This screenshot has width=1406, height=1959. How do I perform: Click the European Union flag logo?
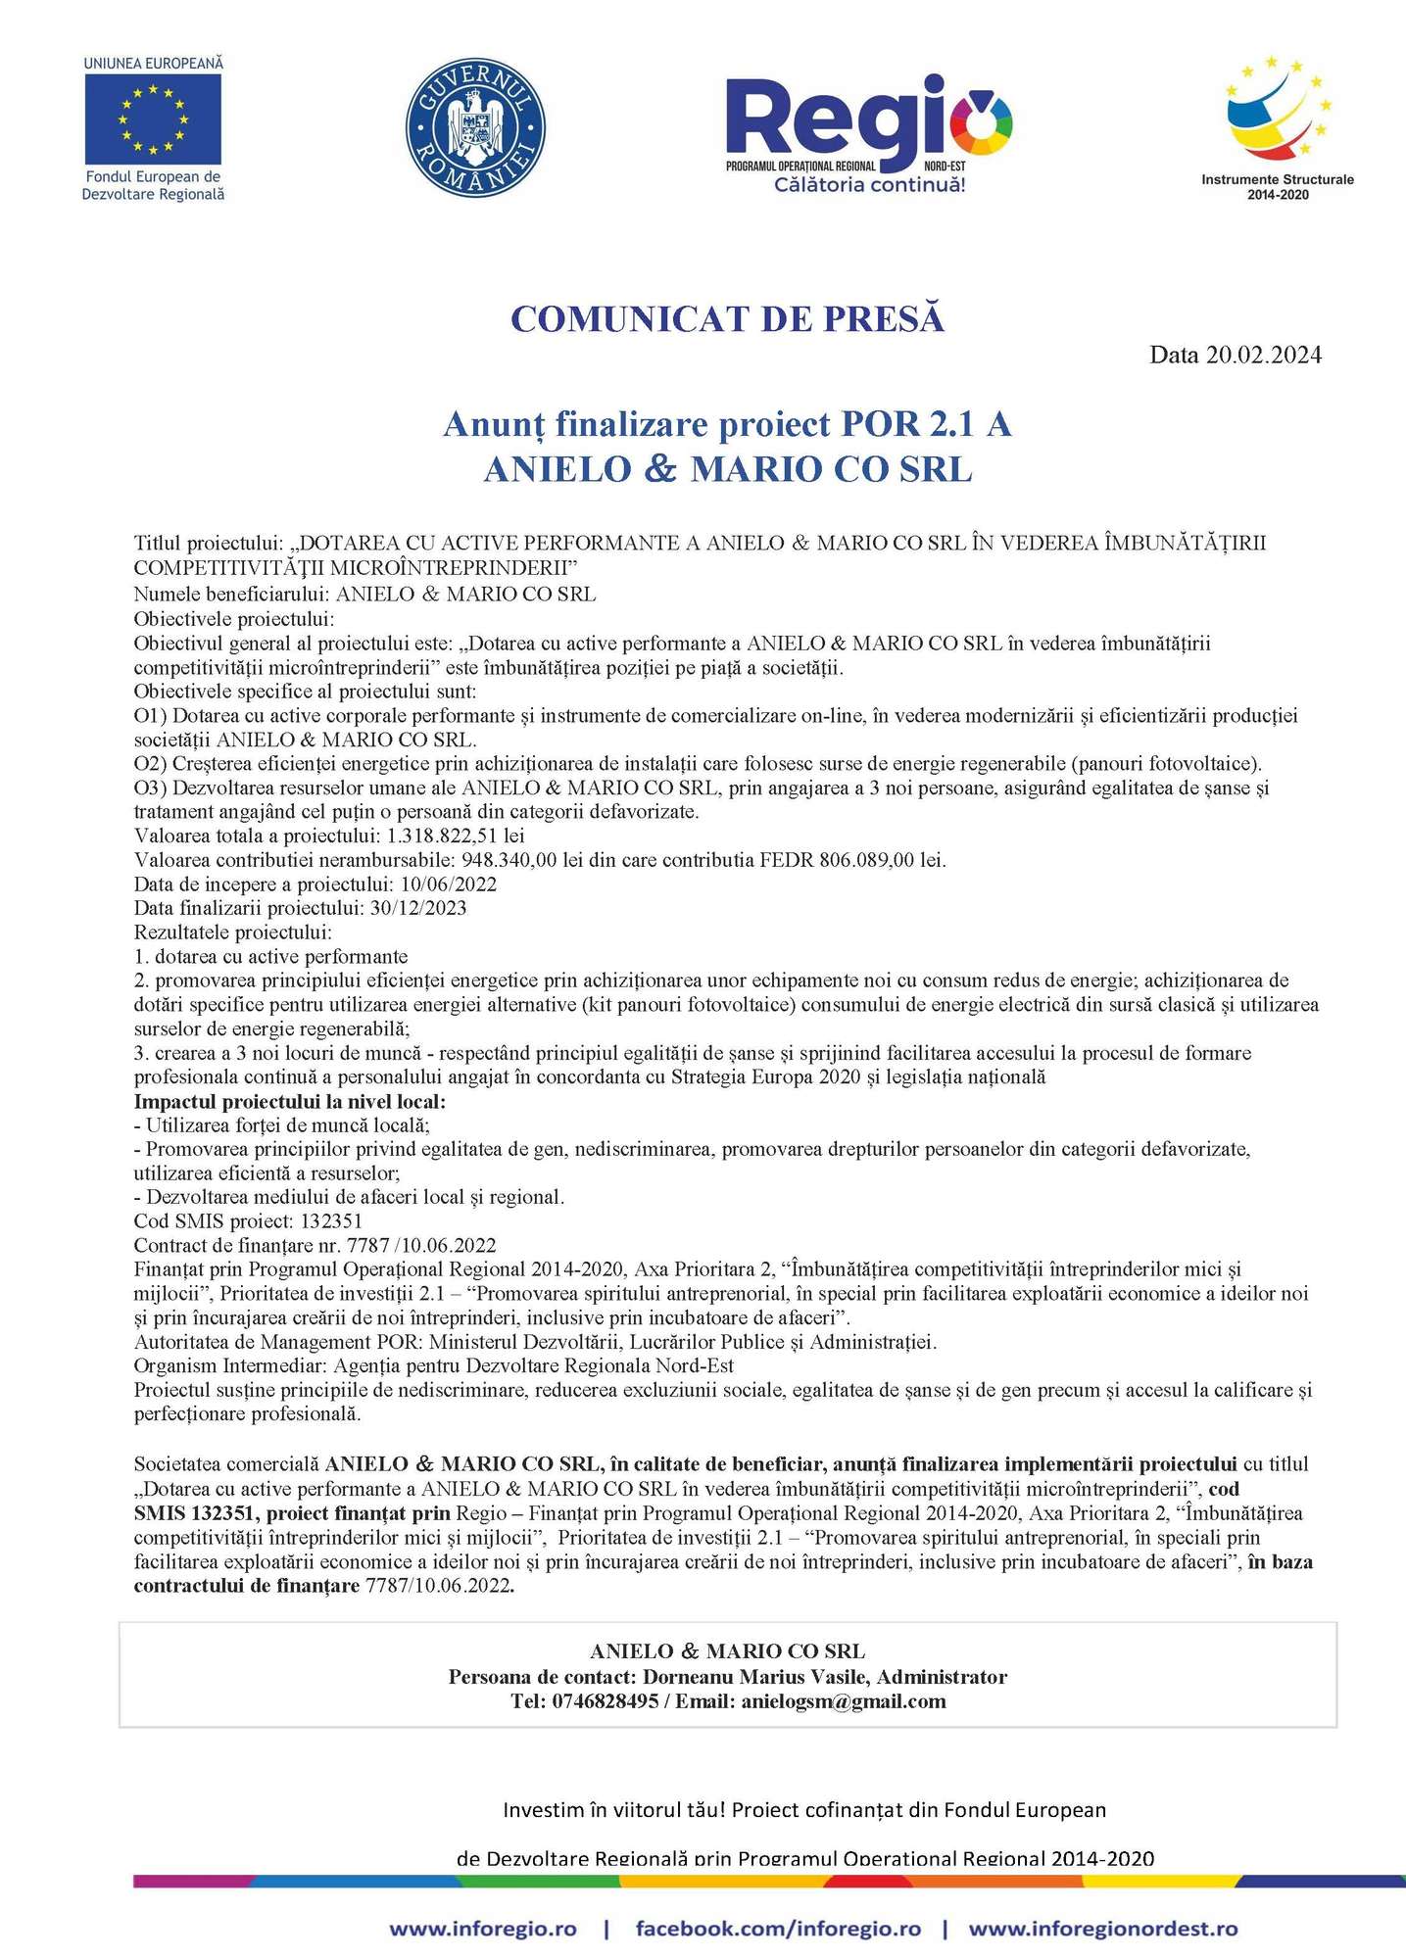[x=153, y=119]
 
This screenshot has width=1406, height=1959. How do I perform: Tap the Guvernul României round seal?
[x=476, y=127]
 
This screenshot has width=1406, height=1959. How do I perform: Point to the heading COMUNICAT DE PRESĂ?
[x=727, y=319]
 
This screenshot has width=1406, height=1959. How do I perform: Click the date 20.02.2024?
[x=1263, y=355]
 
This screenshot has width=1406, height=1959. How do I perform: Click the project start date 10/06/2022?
[x=449, y=884]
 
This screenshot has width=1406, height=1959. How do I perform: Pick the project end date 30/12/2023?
[x=418, y=908]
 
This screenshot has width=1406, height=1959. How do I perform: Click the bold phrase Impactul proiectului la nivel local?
[x=289, y=1102]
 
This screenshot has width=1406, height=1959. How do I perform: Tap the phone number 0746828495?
[x=605, y=1701]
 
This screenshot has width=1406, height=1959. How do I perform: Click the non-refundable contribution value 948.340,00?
[x=509, y=860]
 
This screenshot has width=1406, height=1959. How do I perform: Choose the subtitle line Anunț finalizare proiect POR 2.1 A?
[x=727, y=424]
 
